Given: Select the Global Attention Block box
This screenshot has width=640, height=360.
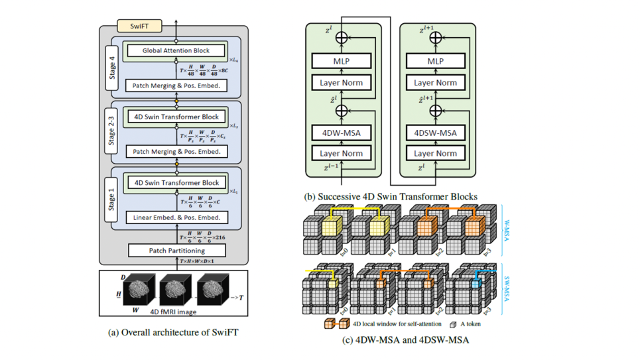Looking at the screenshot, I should pos(176,50).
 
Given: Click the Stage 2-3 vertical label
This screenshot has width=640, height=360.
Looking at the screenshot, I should pos(111,133).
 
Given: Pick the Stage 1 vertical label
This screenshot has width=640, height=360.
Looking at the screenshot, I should pos(111,198).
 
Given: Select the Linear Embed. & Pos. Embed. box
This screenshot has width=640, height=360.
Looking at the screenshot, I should pos(176,217).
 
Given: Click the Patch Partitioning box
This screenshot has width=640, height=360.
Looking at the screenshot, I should pos(176,251).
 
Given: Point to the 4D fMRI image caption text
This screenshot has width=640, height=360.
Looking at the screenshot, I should pos(174,311).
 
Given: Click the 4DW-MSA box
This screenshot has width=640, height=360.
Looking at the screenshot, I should pos(342,132).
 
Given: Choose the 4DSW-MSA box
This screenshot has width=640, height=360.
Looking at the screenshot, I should pos(435,132).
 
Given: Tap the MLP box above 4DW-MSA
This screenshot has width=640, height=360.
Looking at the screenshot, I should pos(342,61).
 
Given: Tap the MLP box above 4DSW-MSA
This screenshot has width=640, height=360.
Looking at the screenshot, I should pos(435,61).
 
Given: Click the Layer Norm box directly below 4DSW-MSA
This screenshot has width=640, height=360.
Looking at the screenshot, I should pos(435,153).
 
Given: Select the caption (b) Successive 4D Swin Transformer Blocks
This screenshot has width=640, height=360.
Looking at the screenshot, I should pos(390,196).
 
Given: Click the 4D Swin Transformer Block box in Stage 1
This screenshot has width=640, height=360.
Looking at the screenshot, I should pos(176,182).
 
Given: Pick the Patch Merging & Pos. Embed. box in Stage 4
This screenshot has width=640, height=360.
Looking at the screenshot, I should pos(176,85).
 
